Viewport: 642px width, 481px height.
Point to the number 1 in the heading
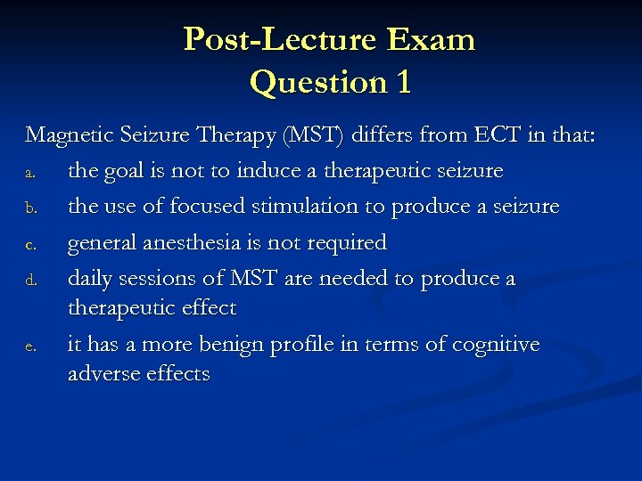(x=402, y=83)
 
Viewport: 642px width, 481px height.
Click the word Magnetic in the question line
(x=63, y=135)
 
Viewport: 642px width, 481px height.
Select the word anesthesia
(x=204, y=242)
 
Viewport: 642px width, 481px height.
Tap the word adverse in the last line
(x=101, y=374)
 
